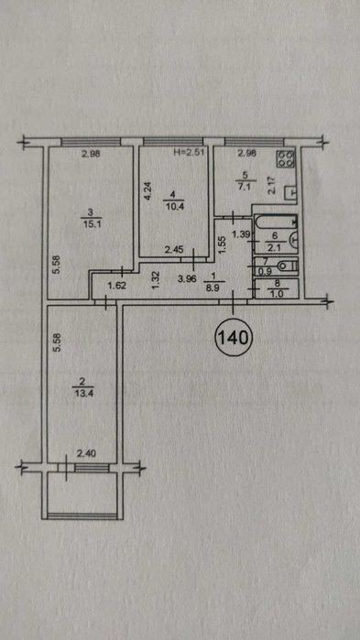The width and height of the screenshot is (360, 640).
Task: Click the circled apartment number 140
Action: click(x=234, y=337)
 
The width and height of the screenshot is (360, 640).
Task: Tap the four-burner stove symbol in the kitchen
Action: click(x=286, y=158)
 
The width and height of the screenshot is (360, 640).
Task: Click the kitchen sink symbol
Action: click(x=291, y=192)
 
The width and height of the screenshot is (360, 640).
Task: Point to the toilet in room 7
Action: click(x=288, y=266)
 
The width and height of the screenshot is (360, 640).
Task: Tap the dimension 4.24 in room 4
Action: click(x=148, y=190)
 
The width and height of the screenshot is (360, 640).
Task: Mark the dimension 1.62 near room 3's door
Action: click(x=115, y=286)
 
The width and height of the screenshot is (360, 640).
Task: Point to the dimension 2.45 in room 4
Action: click(x=172, y=249)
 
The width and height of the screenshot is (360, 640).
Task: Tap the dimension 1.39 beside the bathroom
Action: click(x=240, y=234)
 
